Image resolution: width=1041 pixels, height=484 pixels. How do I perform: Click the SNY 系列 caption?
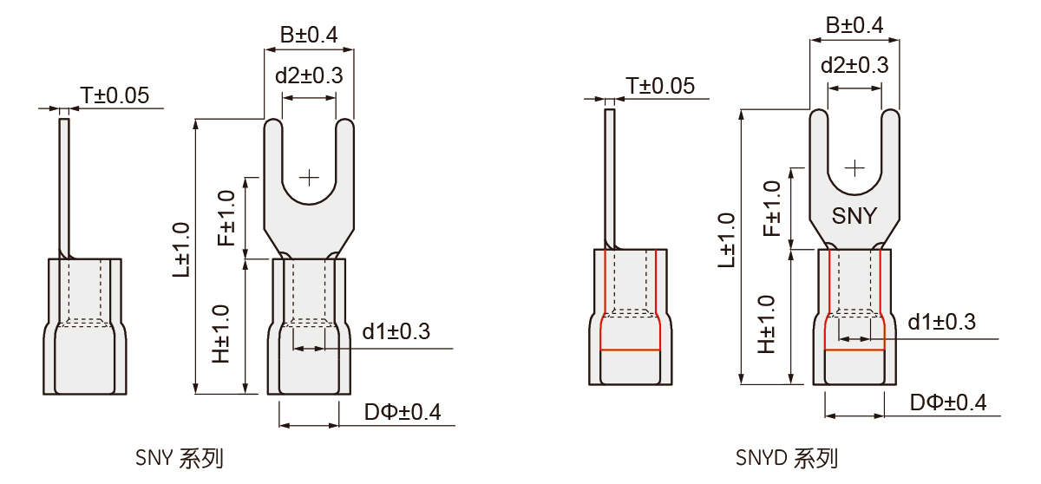180,458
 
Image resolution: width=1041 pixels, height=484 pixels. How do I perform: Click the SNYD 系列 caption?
787,458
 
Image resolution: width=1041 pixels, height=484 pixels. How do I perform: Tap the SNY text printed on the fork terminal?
854,216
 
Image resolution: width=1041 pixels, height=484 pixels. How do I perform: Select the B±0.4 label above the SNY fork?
309,35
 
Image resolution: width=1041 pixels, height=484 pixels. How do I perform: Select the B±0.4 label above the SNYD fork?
854,25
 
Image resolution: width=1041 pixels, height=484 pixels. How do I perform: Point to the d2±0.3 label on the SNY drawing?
309,75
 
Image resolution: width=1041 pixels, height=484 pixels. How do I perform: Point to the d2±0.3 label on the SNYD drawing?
854,66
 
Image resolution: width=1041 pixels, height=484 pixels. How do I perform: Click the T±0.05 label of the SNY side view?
115,95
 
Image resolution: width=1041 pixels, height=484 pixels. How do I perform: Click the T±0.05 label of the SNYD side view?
660,86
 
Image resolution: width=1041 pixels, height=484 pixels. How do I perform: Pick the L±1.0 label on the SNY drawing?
181,250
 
